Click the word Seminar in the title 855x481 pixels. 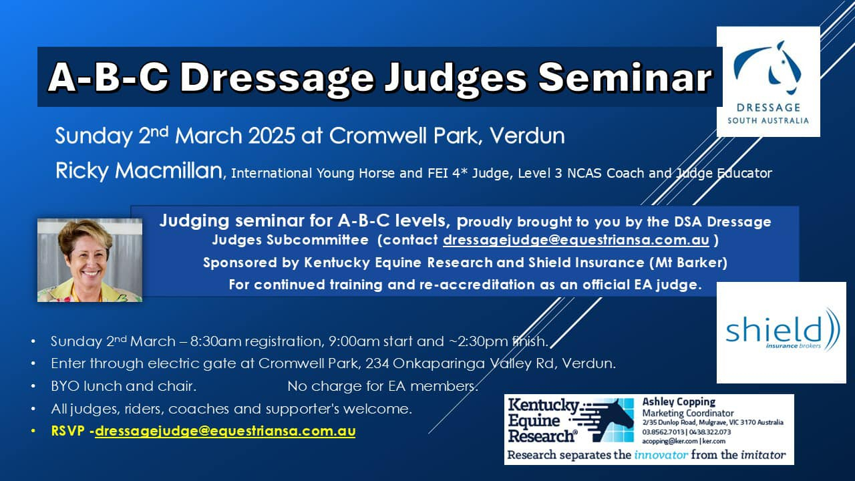(625, 77)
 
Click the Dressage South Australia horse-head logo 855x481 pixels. (768, 82)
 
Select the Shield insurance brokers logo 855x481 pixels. (781, 333)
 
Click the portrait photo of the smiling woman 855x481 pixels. (90, 260)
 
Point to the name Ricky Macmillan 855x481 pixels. (139, 170)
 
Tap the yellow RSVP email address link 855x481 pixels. (225, 431)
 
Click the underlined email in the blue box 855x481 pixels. (576, 240)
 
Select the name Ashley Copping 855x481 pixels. (679, 402)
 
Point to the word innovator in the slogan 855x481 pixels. (661, 455)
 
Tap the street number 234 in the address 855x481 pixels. (377, 363)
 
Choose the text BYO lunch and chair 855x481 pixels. (124, 386)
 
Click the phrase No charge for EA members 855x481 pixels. (383, 386)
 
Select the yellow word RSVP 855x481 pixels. (68, 431)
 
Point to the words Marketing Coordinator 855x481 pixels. (688, 413)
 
